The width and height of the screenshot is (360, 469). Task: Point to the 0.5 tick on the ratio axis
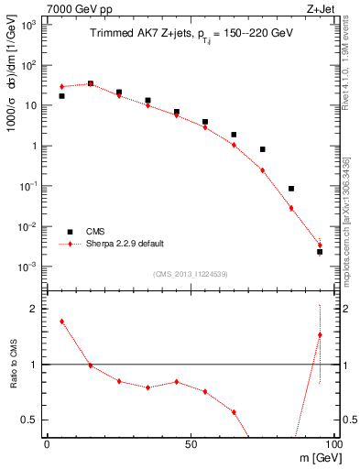29,420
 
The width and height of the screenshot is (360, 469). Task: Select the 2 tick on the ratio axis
34,309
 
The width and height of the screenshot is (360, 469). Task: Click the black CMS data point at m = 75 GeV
262,149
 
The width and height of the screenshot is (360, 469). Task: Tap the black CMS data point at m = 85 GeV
291,189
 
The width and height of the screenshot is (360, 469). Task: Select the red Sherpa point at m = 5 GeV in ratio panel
61,322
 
